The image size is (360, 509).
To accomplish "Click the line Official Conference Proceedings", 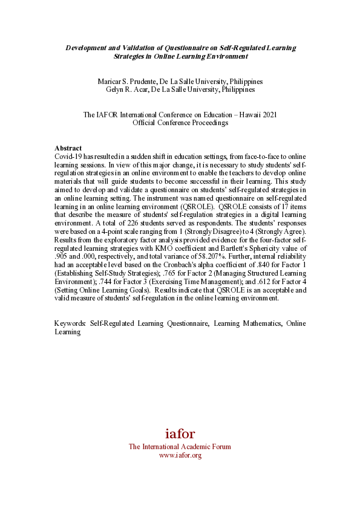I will tap(180, 123).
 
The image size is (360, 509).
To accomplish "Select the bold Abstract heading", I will tap(68, 148).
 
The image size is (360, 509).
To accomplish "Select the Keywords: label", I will tap(70, 323).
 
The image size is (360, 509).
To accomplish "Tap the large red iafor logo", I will tap(180, 433).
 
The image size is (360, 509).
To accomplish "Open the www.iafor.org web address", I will tap(180, 455).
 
